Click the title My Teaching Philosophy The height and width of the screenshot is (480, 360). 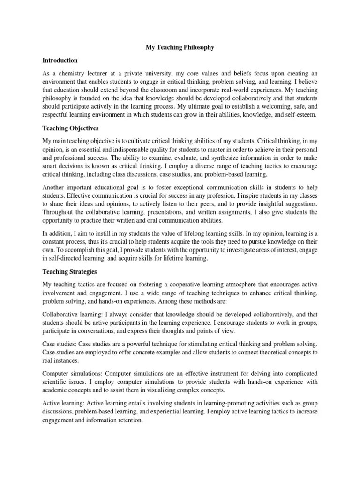(180, 47)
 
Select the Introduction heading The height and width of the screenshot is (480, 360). (60, 60)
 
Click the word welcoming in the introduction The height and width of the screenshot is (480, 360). (266, 105)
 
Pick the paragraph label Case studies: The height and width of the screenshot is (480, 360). (60, 345)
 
